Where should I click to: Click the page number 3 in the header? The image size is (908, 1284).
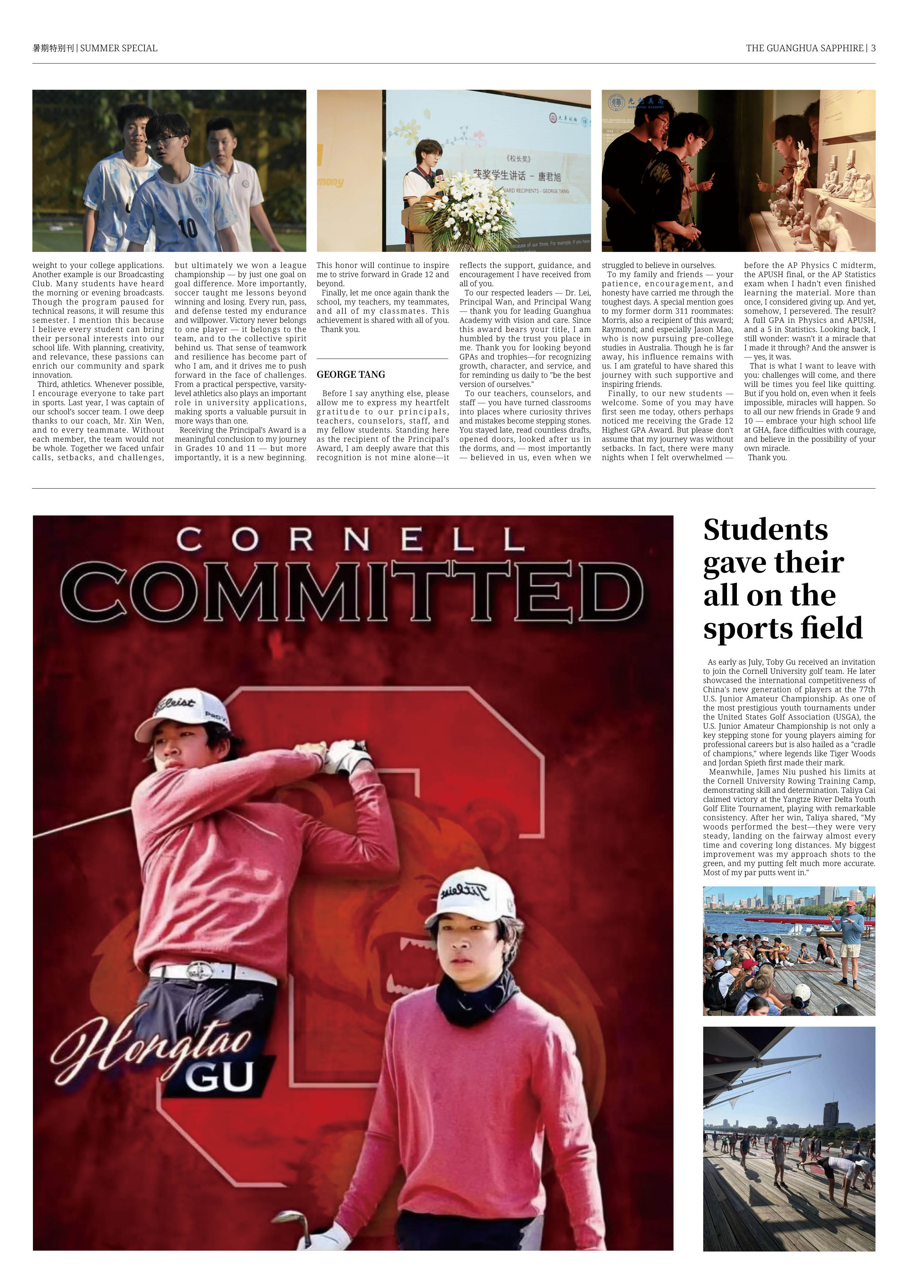pos(873,48)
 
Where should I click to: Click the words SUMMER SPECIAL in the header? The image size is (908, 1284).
pos(118,48)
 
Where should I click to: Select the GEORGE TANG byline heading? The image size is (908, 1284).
pos(351,374)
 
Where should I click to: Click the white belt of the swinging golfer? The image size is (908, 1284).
pos(212,973)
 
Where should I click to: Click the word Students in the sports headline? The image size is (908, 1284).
pos(765,530)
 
